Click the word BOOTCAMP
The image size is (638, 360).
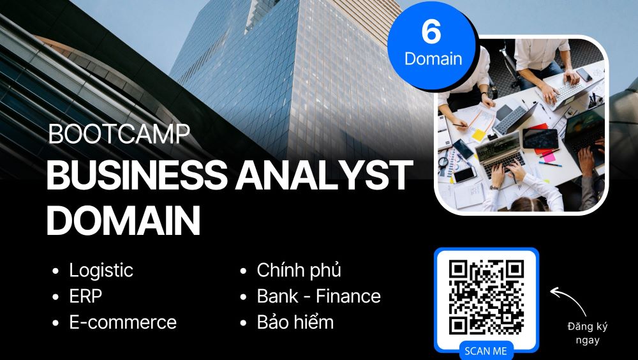pos(119,133)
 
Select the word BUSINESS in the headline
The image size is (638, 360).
pos(137,176)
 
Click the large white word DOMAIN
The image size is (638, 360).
pos(123,220)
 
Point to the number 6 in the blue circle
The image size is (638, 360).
pos(431,32)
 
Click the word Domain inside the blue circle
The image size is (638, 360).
pos(433,59)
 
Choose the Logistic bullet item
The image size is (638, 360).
pos(101,271)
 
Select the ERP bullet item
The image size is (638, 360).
pos(85,296)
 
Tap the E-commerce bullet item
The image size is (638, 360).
pos(123,322)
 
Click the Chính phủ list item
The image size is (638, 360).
pos(299,271)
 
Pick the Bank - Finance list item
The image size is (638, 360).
pos(318,296)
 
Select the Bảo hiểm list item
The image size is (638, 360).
pos(295,322)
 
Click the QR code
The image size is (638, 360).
pos(486,297)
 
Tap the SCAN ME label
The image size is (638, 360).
pos(486,351)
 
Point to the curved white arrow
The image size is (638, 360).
pos(570,299)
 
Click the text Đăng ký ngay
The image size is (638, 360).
pos(588,333)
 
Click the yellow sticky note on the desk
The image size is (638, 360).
pos(478,135)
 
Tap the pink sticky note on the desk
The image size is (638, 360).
pos(549,156)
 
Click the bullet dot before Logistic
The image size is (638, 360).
pos(56,271)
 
